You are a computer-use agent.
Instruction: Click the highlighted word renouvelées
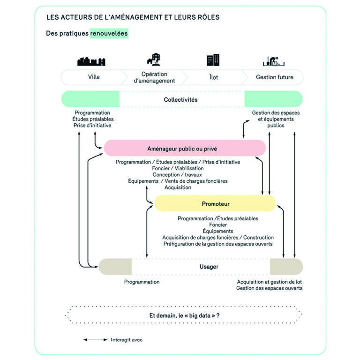(109, 34)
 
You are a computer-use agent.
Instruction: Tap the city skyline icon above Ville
(91, 61)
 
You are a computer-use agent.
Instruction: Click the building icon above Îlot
(213, 60)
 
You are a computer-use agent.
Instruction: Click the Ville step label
(94, 77)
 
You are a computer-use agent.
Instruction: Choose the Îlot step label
(213, 77)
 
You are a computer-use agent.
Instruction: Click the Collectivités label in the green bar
(180, 99)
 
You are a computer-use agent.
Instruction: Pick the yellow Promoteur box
(215, 204)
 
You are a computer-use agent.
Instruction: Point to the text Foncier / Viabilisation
(178, 168)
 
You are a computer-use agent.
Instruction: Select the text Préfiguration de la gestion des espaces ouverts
(217, 244)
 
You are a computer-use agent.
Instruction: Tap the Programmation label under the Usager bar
(142, 282)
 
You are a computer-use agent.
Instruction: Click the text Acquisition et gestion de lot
(270, 282)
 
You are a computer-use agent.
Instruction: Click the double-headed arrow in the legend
(95, 340)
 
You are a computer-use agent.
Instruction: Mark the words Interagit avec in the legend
(127, 340)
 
